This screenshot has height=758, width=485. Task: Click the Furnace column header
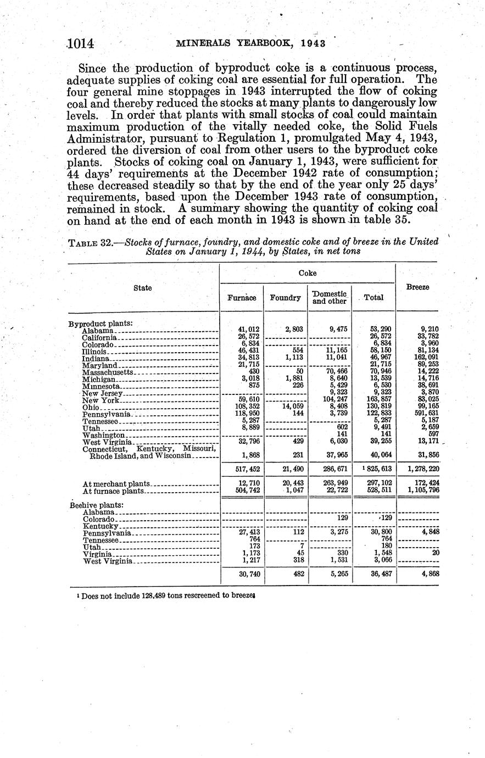coord(242,298)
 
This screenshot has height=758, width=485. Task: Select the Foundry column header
coord(286,298)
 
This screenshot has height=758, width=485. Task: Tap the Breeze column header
coord(417,287)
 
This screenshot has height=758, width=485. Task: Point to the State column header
coord(143,287)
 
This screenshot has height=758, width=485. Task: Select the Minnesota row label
coord(102,387)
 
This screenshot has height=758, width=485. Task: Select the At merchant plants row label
coord(116,484)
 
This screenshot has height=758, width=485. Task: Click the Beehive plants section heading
coord(97,505)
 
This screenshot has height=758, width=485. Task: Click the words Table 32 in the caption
coord(90,243)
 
